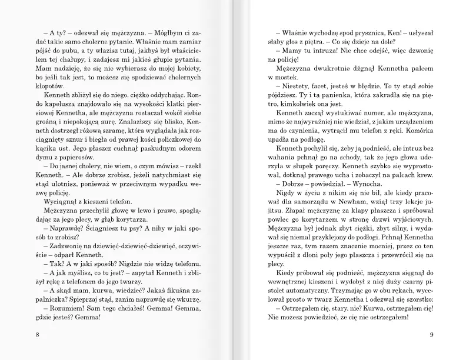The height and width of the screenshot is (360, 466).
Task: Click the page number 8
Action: click(x=21, y=336)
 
